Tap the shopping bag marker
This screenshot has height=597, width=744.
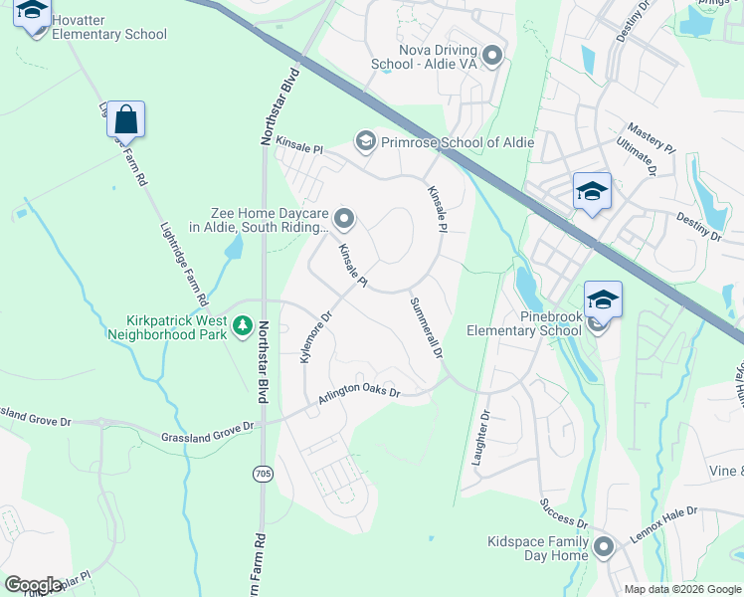126,120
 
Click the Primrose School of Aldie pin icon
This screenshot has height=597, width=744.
365,142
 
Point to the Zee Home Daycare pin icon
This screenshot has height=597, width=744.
344,217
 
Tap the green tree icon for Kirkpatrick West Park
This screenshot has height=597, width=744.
242,325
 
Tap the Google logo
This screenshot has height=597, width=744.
33,585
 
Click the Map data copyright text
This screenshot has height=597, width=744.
681,589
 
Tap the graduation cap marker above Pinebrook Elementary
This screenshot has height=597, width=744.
603,298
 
